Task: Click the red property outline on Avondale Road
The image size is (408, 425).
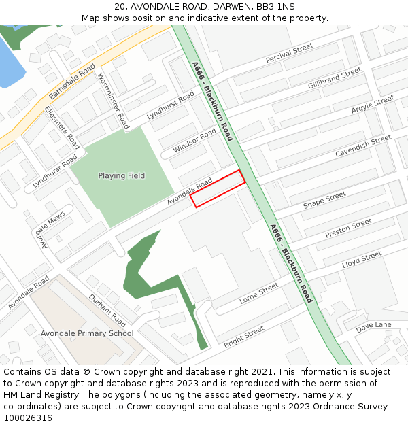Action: coord(218,188)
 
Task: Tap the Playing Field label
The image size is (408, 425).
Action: coord(121,175)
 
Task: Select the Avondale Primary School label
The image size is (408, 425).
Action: coord(87,333)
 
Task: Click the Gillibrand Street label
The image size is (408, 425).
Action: coord(334,79)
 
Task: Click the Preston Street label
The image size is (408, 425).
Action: coord(348,228)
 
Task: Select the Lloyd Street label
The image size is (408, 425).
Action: coord(362,258)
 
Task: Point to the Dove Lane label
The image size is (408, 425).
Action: coord(374,325)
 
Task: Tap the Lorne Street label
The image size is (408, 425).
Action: coord(258,294)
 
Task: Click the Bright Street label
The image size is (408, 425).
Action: coord(243,335)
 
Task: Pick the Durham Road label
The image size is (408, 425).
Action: coord(107,309)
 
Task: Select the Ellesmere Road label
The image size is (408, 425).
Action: coord(62,127)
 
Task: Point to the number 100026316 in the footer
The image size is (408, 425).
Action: coord(28,418)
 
